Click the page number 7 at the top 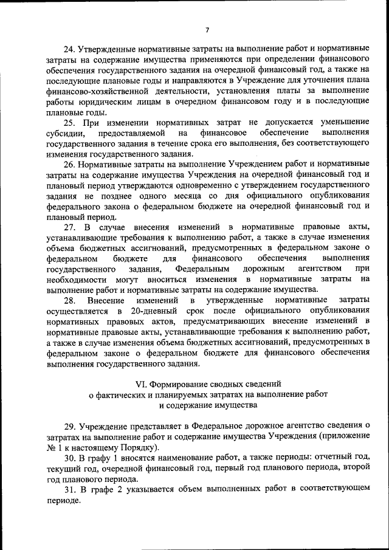click(207, 30)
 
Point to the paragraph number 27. click(69, 226)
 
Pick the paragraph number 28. click(70, 300)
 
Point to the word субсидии click(62, 132)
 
